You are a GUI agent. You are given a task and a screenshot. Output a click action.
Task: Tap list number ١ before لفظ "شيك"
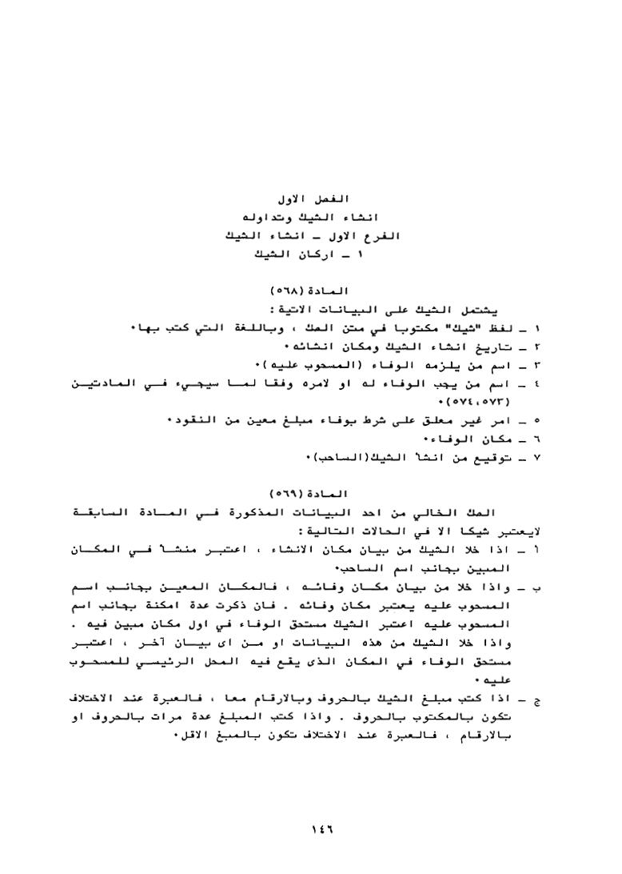537,328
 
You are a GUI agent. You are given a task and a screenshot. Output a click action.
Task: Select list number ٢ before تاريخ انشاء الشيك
537,347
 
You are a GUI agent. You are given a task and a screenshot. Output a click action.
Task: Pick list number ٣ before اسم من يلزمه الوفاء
537,366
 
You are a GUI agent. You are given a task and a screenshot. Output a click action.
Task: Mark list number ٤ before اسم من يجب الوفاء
537,386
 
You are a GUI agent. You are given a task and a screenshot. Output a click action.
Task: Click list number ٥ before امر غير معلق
537,422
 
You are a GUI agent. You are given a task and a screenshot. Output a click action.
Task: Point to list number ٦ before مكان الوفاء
537,440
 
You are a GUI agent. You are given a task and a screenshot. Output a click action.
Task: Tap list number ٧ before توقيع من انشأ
537,459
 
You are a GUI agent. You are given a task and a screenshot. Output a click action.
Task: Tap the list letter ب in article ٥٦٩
537,588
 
